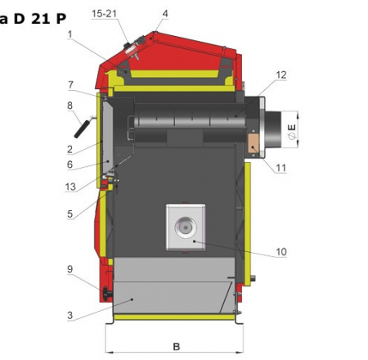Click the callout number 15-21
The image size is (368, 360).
(x=104, y=13)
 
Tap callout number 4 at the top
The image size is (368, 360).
(x=165, y=13)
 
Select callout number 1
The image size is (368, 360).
(x=70, y=34)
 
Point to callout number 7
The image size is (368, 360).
(x=70, y=85)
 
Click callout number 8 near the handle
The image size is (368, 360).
(x=70, y=106)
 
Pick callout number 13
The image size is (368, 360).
(x=70, y=187)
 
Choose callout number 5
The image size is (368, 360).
(x=70, y=214)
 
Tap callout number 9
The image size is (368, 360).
(x=70, y=269)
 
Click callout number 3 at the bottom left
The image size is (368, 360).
(x=70, y=315)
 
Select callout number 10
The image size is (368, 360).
(x=281, y=251)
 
